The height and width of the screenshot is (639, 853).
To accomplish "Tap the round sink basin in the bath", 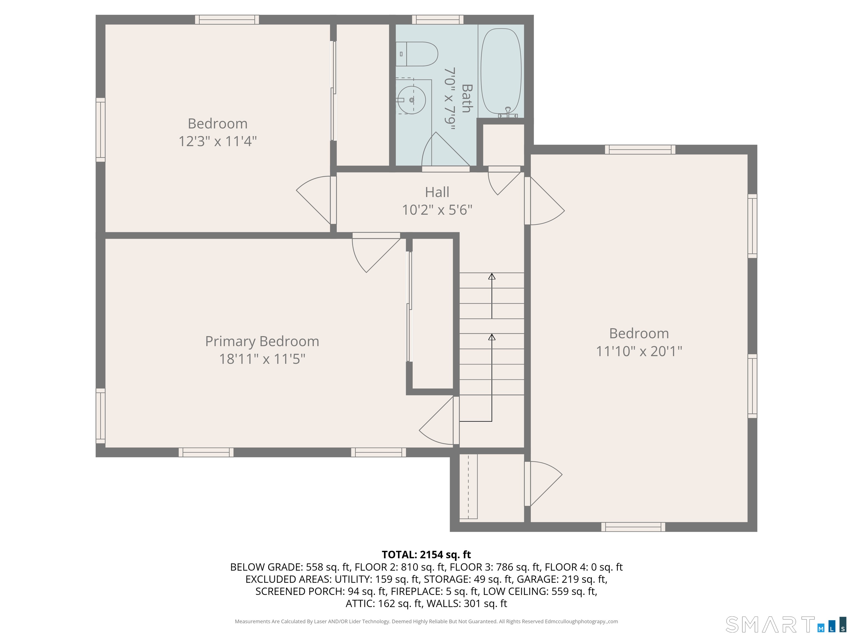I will coord(412,100).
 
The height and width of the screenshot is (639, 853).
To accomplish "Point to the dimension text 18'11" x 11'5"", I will coord(262,359).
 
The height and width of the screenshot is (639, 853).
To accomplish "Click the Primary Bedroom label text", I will coord(262,341).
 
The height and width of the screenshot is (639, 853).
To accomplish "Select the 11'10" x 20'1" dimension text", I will coord(639,351).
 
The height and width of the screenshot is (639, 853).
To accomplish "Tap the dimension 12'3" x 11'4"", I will coord(217,141).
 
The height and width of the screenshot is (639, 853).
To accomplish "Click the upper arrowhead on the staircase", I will coord(492,277).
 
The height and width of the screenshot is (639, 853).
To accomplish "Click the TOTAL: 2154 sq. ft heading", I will coord(426,555).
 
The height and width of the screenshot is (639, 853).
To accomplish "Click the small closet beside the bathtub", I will coord(503,144).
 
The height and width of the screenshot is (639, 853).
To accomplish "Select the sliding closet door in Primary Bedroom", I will coord(410,306).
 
